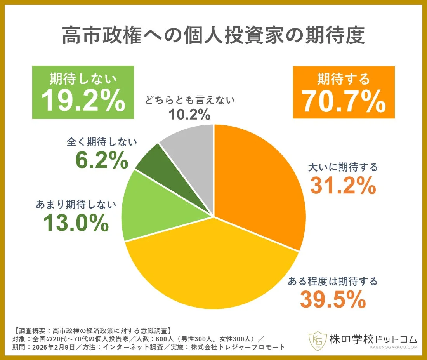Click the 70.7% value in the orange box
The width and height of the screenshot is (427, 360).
tap(344, 102)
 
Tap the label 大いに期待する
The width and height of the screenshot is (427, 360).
tap(343, 167)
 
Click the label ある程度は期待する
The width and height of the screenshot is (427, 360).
tap(332, 281)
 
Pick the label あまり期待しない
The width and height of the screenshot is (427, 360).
tap(76, 204)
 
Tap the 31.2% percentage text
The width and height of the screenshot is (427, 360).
tap(343, 186)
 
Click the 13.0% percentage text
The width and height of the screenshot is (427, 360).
tap(76, 223)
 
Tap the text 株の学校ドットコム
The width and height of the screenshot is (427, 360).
tap(373, 337)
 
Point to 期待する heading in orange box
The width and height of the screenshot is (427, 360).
tap(344, 79)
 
